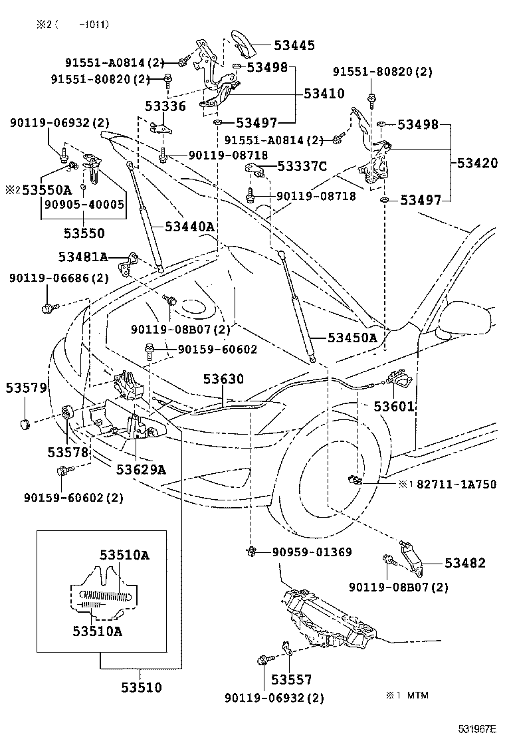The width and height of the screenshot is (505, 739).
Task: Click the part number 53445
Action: [x=294, y=46]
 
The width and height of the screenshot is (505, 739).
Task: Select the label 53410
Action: [x=324, y=94]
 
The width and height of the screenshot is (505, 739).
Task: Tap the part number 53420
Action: [x=476, y=163]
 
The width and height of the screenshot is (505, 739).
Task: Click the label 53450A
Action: [x=352, y=338]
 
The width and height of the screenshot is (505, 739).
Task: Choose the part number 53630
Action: [x=223, y=379]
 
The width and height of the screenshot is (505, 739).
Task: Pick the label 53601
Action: [x=393, y=406]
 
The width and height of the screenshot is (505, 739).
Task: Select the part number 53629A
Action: [x=140, y=470]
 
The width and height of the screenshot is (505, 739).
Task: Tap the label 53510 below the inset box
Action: [x=141, y=687]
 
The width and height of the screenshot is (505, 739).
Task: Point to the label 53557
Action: [x=291, y=680]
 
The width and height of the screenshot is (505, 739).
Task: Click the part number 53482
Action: [x=465, y=563]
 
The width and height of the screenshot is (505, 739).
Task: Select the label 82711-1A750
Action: [x=456, y=484]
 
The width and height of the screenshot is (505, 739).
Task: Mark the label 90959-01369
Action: [x=311, y=552]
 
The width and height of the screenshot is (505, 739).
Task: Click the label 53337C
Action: [x=302, y=166]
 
